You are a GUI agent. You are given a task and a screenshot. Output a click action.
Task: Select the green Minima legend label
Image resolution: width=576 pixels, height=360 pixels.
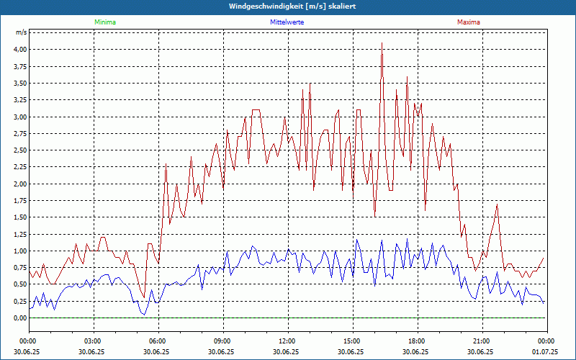[x=104, y=22]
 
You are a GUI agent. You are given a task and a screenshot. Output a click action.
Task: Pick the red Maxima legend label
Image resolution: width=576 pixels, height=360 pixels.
[x=468, y=22]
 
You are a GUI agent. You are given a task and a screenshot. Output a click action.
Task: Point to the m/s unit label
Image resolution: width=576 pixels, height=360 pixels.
[x=22, y=33]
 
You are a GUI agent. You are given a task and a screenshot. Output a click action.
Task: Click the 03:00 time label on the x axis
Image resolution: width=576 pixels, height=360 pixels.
[x=93, y=341]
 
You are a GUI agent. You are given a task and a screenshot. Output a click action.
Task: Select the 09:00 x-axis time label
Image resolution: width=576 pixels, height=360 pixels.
[x=222, y=341]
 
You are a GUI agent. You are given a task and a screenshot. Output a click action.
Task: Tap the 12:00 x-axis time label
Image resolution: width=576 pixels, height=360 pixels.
[x=287, y=341]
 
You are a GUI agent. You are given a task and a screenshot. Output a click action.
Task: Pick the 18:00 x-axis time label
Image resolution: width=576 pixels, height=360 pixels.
[x=417, y=341]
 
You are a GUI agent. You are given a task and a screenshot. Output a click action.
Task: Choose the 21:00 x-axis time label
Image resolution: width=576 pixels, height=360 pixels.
[x=482, y=341]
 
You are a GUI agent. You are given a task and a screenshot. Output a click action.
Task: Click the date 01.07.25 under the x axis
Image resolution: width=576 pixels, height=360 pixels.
[x=545, y=351]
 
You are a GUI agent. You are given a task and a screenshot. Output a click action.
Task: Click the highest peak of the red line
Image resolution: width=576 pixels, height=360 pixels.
[x=382, y=43]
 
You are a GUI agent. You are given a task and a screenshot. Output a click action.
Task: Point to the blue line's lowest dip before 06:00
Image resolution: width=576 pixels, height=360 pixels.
[x=143, y=315]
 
